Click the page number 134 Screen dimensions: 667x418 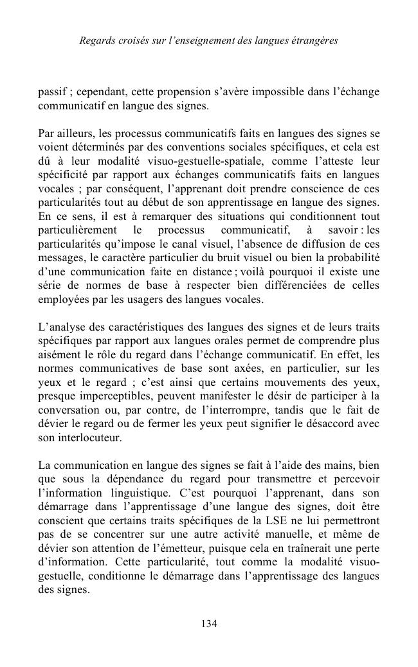209,623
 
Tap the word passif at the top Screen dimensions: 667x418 51,91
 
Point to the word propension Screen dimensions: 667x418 180,91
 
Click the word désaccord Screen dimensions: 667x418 336,424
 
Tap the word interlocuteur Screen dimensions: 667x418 89,437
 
